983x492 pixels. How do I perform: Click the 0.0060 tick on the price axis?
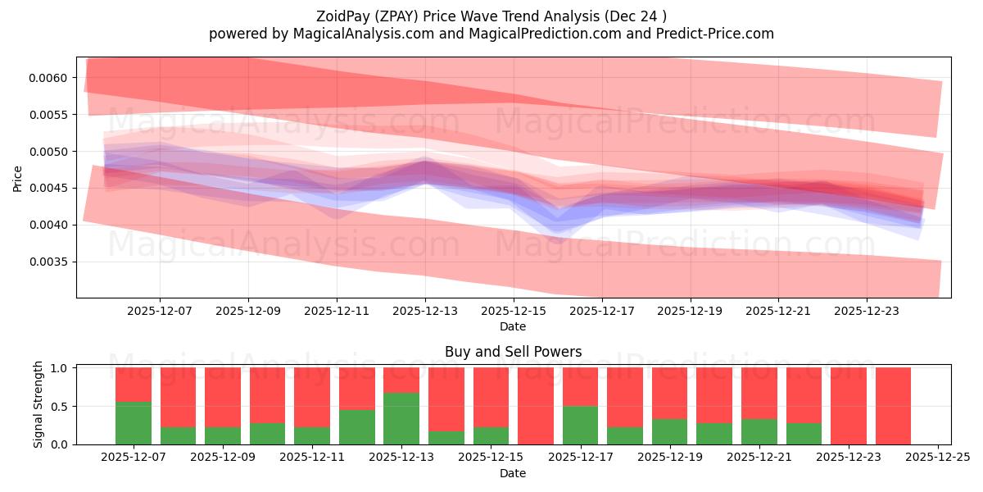click(x=52, y=78)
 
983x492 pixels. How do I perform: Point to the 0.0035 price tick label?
click(x=52, y=262)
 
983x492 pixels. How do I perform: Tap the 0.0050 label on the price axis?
click(x=52, y=152)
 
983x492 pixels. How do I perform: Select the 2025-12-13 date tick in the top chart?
click(x=424, y=312)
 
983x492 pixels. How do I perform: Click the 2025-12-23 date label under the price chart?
click(x=867, y=312)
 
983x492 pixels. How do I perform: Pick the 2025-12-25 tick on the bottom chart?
click(x=936, y=458)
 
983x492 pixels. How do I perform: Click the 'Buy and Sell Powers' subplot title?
click(x=513, y=352)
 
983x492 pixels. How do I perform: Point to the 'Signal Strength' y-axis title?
click(x=39, y=404)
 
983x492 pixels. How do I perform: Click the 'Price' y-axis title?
click(x=18, y=178)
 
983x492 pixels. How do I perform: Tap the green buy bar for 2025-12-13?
click(x=401, y=418)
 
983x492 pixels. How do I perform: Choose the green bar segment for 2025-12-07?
click(x=134, y=423)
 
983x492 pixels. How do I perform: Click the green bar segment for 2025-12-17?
click(x=580, y=426)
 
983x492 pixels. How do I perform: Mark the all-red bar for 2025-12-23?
click(x=849, y=406)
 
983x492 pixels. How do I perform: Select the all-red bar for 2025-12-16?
click(x=536, y=406)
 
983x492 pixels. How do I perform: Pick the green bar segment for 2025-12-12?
click(x=357, y=427)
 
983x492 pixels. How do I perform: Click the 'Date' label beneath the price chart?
click(x=513, y=326)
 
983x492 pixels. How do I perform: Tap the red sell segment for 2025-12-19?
click(x=669, y=393)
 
